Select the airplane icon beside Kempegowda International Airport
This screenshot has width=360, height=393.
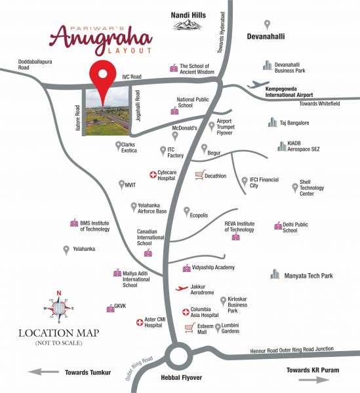click(255, 85)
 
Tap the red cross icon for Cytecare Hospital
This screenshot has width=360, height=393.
click(153, 175)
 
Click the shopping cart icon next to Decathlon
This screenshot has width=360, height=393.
click(199, 175)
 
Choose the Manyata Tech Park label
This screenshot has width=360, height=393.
click(309, 276)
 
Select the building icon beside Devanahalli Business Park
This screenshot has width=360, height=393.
click(267, 65)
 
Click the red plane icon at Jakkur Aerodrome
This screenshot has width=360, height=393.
click(183, 288)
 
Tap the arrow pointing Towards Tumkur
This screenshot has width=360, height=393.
click(43, 372)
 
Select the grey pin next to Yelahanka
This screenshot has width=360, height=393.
click(66, 250)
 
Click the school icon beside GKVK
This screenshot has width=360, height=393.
click(110, 309)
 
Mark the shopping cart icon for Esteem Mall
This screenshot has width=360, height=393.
click(190, 327)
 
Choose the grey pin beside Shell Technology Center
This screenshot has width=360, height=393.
click(294, 187)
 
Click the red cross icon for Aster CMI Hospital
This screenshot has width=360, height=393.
click(139, 322)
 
